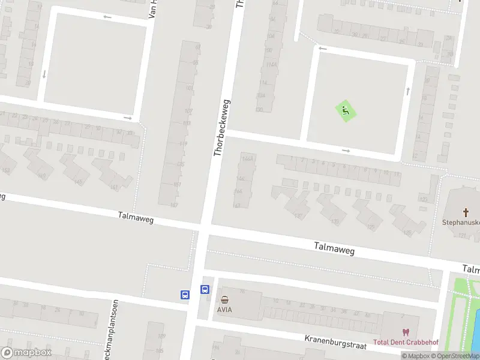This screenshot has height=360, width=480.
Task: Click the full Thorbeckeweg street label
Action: tap(221, 128)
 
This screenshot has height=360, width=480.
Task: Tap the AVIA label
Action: tap(224, 310)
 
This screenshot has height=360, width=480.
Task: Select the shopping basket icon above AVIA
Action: tap(224, 299)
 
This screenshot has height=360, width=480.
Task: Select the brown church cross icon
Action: tap(466, 212)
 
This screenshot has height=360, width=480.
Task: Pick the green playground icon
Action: tap(344, 110)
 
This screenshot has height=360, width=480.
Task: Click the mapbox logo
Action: tap(26, 353)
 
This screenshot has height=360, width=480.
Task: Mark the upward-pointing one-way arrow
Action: tap(408, 91)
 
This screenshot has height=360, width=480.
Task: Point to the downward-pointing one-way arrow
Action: tap(44, 75)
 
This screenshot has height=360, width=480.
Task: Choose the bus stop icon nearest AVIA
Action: tap(205, 289)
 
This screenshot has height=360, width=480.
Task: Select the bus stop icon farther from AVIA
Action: tap(185, 295)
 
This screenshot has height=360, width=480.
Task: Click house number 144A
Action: tap(247, 158)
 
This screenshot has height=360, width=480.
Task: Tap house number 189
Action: tap(161, 336)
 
